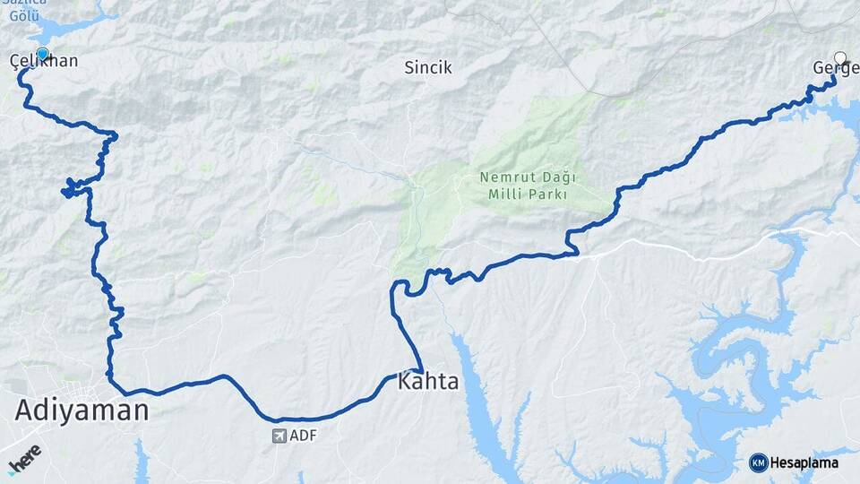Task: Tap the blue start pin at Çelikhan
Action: [42, 54]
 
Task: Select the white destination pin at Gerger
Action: [840, 58]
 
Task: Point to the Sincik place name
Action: [428, 67]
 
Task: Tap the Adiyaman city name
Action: [82, 411]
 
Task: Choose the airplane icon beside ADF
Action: [279, 436]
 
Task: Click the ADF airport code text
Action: [304, 436]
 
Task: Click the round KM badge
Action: [758, 462]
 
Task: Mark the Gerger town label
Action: [836, 68]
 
